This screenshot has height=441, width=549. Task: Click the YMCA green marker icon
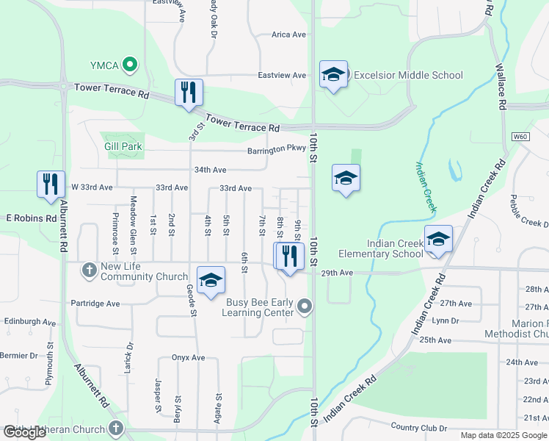click(x=131, y=65)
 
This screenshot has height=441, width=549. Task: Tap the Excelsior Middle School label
click(x=408, y=75)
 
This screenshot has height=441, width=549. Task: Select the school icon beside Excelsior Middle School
click(x=333, y=74)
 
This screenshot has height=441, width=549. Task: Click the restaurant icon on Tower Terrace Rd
click(x=189, y=93)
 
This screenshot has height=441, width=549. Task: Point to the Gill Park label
click(x=123, y=147)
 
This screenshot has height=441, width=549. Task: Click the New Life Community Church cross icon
click(x=89, y=270)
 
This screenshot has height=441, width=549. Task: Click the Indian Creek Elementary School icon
click(x=438, y=239)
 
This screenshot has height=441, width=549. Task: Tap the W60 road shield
click(x=520, y=137)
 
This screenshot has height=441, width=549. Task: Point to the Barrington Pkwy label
click(x=276, y=148)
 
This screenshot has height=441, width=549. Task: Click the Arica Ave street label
click(x=288, y=35)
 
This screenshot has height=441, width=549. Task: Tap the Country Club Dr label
click(x=418, y=427)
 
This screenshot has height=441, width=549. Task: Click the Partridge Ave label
click(x=95, y=303)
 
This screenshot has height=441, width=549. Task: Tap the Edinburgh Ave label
click(x=30, y=322)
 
